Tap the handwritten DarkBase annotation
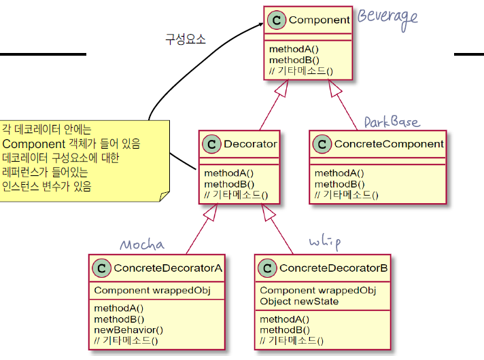[x=392, y=122]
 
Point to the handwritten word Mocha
[x=142, y=245]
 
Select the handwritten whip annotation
[x=324, y=242]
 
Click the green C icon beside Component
[x=276, y=20]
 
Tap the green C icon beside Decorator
[x=212, y=144]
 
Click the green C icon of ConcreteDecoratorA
[x=101, y=268]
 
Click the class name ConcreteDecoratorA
[x=168, y=268]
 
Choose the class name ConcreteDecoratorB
[x=334, y=268]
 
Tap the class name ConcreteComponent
[x=388, y=144]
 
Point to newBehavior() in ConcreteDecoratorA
[x=128, y=329]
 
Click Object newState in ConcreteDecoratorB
[x=299, y=301]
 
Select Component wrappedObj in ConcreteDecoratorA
[x=152, y=291]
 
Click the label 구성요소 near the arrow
[x=186, y=39]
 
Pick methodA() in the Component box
[x=294, y=50]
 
